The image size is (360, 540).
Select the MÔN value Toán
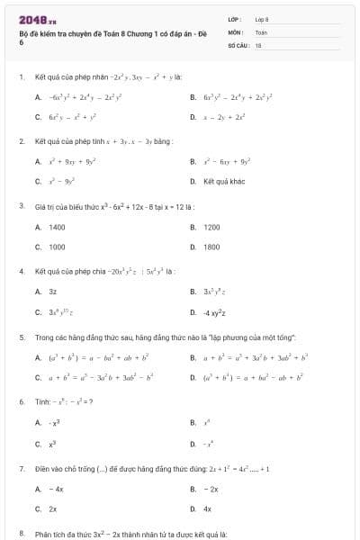point(261,31)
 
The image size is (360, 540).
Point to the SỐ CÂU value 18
point(258,43)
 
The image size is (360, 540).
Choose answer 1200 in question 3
point(211,228)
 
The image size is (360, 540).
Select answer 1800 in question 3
point(211,246)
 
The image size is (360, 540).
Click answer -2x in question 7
point(211,489)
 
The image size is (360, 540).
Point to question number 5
point(21,337)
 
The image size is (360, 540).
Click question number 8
point(21,534)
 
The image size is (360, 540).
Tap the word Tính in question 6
point(42,401)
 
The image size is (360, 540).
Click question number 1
point(21,77)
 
